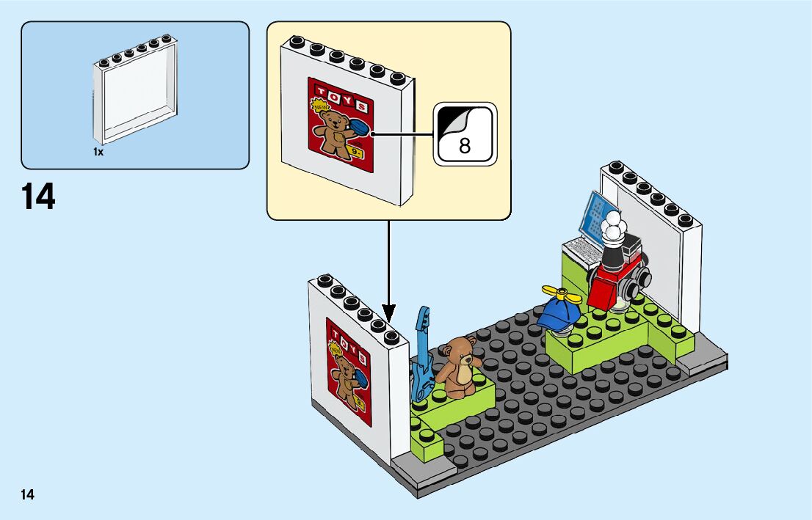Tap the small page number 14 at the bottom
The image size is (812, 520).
27,494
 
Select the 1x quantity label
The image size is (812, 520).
98,152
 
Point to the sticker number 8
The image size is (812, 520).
465,144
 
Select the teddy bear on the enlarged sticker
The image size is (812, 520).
333,132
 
